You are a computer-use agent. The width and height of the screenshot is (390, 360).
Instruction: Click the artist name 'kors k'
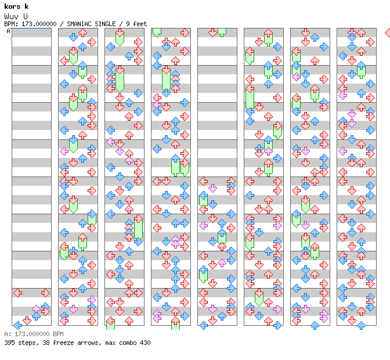point(16,6)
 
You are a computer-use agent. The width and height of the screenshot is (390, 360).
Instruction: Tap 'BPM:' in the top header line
point(11,24)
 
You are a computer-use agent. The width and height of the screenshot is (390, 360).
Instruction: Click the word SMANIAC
point(81,24)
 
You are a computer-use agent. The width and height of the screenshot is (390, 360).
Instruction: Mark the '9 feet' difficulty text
point(137,24)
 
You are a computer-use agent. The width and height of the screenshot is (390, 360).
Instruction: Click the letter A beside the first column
point(8,31)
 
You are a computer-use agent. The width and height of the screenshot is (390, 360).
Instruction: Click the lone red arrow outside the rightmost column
point(387,33)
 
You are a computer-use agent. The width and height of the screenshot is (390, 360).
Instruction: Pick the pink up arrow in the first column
point(36,309)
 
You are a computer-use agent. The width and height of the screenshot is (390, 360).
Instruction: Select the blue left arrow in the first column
point(17,325)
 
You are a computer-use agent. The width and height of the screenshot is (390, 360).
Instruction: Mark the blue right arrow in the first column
point(45,306)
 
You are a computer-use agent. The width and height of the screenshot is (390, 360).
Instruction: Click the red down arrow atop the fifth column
point(212,33)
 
